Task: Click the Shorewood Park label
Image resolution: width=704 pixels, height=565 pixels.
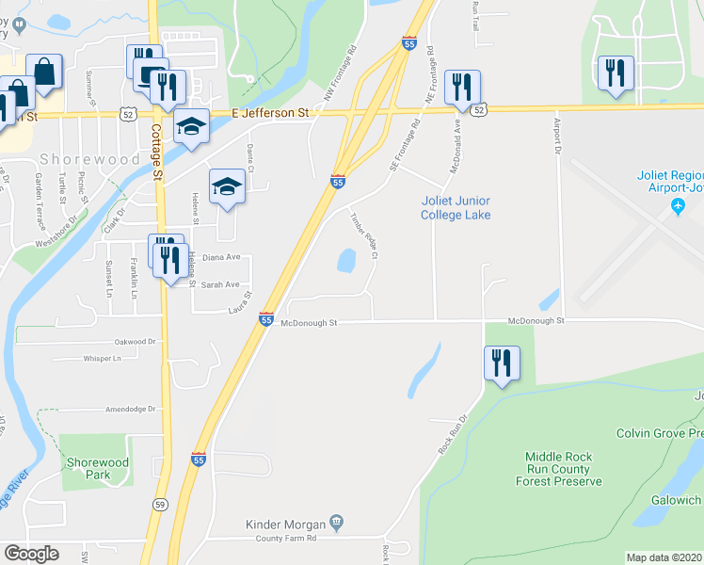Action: pyautogui.click(x=97, y=468)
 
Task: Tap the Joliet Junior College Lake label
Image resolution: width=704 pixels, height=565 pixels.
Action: pyautogui.click(x=456, y=208)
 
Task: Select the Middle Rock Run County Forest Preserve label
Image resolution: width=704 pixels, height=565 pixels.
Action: pyautogui.click(x=558, y=469)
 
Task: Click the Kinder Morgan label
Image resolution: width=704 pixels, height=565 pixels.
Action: pyautogui.click(x=284, y=524)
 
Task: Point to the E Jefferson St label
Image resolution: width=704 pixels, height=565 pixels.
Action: pyautogui.click(x=270, y=112)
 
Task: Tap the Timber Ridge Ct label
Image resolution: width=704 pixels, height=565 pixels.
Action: pyautogui.click(x=363, y=235)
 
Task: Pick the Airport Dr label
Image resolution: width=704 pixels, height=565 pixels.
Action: pyautogui.click(x=555, y=139)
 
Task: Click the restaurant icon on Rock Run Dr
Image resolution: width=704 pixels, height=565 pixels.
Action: pyautogui.click(x=502, y=363)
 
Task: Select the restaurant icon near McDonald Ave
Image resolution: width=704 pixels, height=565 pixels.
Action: pyautogui.click(x=461, y=87)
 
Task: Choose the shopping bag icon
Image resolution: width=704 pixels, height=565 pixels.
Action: pyautogui.click(x=43, y=70)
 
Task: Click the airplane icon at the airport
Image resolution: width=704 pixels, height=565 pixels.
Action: pyautogui.click(x=677, y=206)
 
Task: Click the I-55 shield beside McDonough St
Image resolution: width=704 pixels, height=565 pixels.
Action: pyautogui.click(x=266, y=320)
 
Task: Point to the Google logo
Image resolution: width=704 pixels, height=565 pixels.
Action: pyautogui.click(x=31, y=554)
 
